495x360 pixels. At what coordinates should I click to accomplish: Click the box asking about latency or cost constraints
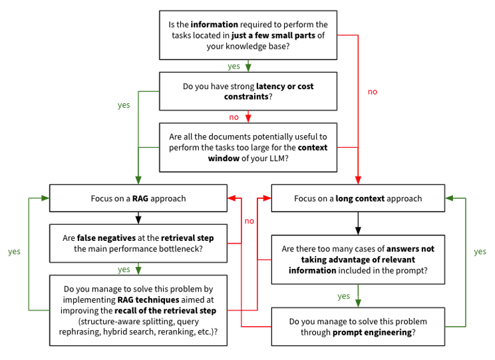pos(247,91)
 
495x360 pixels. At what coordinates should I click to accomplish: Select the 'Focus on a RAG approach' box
pos(138,198)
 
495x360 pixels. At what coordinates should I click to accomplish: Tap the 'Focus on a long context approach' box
pos(358,198)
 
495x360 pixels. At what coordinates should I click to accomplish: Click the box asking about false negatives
pos(138,243)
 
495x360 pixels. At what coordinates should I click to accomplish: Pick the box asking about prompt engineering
pos(358,326)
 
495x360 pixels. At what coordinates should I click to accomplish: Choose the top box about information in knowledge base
pos(247,35)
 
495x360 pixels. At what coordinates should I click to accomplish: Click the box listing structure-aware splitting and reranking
pos(138,310)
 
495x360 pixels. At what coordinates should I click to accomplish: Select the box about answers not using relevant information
pos(358,259)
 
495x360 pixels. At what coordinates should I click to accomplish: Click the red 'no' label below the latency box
pos(234,116)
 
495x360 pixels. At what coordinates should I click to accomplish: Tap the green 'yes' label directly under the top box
pos(234,66)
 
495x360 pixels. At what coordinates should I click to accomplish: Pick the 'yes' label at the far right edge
pos(480,252)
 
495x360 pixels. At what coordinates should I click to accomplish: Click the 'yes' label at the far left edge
pos(14,252)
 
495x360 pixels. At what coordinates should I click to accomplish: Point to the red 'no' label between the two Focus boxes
pos(249,220)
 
